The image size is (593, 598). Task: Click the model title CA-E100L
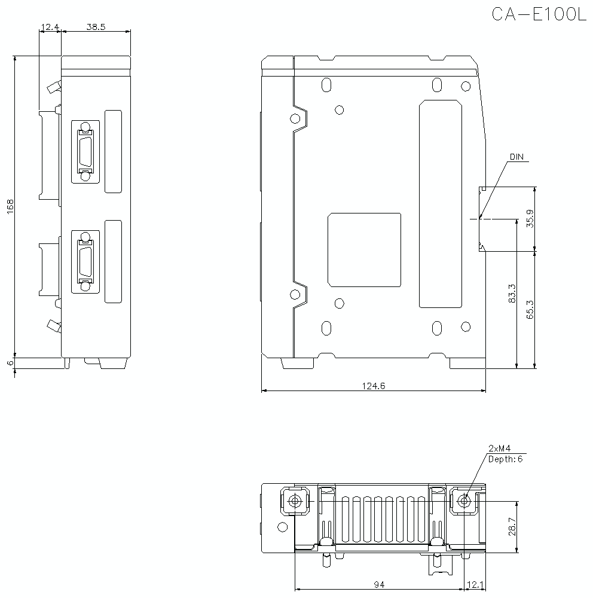(539, 14)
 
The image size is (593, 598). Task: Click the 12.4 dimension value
(49, 27)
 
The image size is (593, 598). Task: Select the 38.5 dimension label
(96, 27)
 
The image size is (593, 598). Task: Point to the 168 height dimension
(10, 206)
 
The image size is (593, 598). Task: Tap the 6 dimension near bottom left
(10, 362)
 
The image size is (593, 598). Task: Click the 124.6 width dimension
(374, 386)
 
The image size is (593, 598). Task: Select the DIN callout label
(516, 157)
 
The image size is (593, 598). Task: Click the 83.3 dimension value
(512, 293)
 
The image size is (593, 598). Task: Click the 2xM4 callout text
(499, 448)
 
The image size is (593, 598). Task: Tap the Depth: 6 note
(506, 459)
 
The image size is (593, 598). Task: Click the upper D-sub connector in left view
(85, 151)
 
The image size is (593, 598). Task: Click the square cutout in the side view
(364, 249)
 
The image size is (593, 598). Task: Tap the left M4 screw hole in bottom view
(294, 501)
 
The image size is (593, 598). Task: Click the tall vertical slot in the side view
(441, 204)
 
